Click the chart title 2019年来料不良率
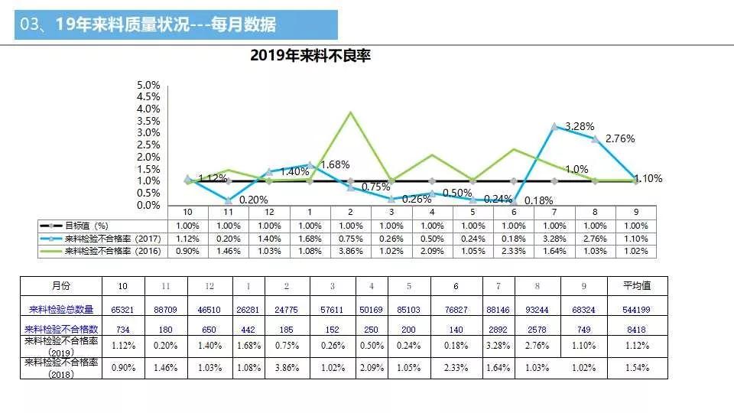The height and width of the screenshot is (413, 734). click(310, 56)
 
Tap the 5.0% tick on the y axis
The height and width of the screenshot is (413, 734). click(148, 85)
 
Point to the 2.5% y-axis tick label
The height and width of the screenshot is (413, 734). click(148, 145)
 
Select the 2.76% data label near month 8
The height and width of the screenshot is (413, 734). click(619, 139)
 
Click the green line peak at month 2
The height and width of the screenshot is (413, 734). click(350, 112)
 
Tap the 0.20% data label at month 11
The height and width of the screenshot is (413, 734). click(252, 200)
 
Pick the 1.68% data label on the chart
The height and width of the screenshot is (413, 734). click(334, 164)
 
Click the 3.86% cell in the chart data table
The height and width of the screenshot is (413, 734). click(350, 251)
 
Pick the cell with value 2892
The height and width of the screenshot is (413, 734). click(499, 328)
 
